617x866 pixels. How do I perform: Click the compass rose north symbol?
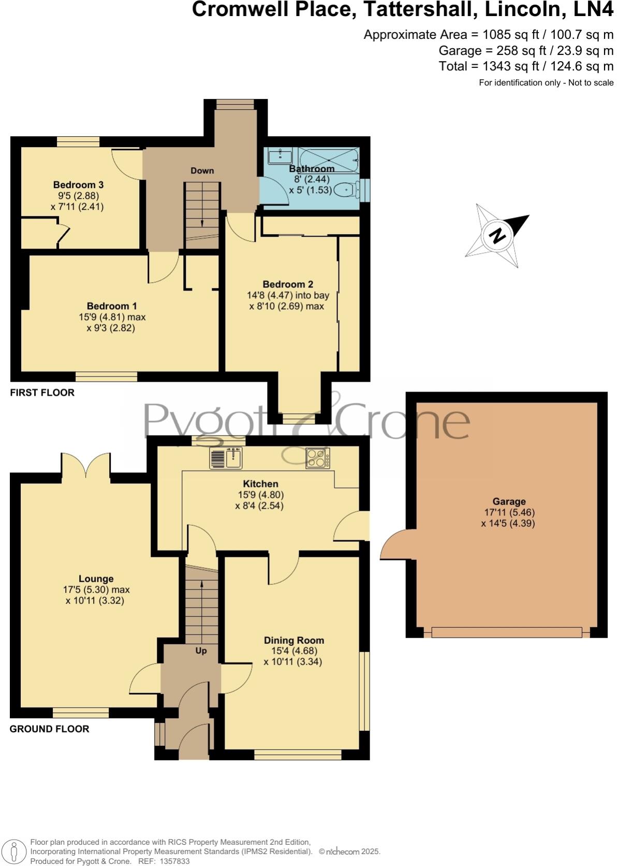click(497, 236)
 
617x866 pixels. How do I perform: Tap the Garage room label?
click(509, 501)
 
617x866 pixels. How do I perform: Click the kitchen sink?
click(226, 458)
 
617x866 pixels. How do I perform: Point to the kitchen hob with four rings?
click(317, 458)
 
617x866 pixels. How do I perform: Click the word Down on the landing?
click(202, 170)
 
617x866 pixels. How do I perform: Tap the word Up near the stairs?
click(201, 651)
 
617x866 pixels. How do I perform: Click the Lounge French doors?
click(85, 465)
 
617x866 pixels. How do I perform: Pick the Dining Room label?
click(294, 640)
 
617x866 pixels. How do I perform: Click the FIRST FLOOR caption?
click(42, 393)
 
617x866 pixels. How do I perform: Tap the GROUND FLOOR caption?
click(50, 729)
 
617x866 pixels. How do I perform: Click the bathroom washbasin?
click(279, 155)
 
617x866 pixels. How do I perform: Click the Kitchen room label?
click(261, 484)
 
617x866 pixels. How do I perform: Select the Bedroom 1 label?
click(112, 306)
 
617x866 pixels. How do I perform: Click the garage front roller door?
click(506, 632)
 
